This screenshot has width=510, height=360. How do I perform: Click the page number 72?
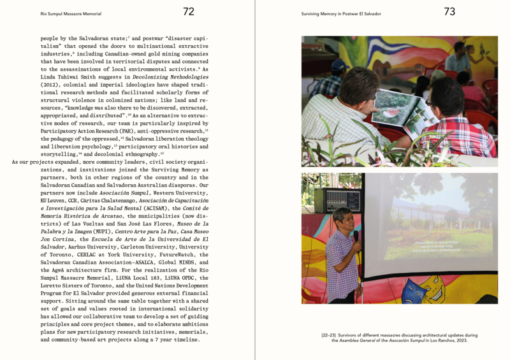[x=189, y=11]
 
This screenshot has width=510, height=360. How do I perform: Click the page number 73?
[x=449, y=11]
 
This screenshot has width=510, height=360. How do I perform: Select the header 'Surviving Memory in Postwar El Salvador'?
[x=341, y=13]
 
